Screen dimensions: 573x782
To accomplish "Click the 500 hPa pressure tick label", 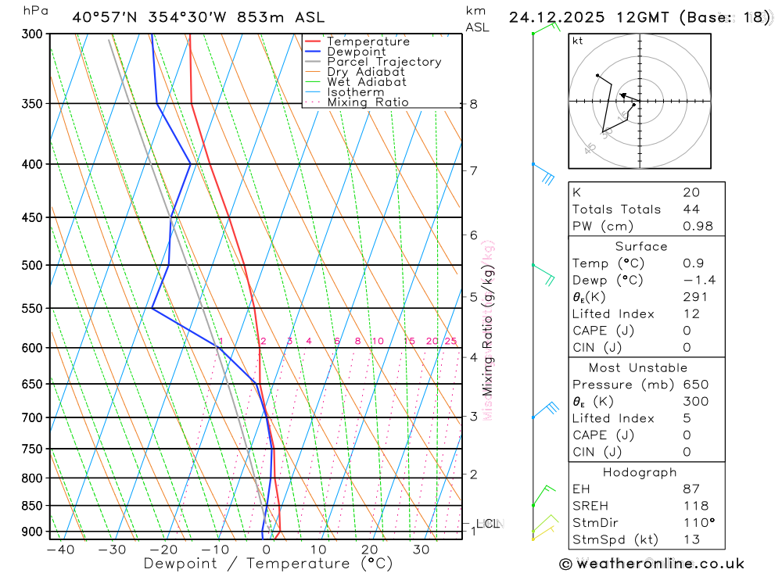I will tap(33, 265).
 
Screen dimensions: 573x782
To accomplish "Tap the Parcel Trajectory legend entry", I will tap(383, 62).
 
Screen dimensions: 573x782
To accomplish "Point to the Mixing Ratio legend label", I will tap(368, 102).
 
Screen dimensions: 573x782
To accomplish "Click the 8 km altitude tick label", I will tap(473, 104).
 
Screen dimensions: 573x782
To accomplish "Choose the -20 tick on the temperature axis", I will tap(163, 550).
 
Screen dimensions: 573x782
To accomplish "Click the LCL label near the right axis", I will tap(487, 524).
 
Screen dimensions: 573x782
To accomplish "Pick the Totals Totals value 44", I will tap(691, 209).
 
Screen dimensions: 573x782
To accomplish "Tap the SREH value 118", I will tap(695, 506).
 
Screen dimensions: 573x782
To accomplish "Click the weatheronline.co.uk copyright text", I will tap(651, 564).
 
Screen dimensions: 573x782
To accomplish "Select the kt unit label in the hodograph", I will tap(577, 41).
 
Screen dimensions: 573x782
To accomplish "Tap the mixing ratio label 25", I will tap(450, 341).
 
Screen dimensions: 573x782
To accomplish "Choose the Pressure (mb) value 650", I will tap(695, 385).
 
